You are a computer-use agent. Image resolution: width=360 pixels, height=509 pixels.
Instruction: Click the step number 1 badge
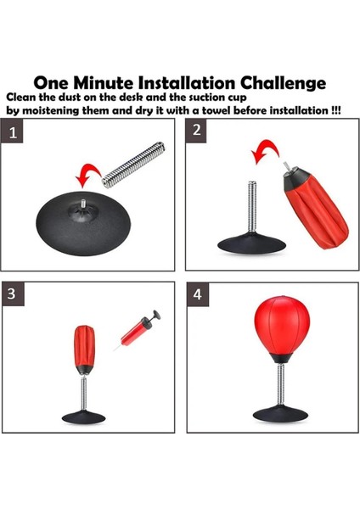[12, 131]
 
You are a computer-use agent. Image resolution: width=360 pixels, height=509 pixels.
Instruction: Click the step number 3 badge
[14, 294]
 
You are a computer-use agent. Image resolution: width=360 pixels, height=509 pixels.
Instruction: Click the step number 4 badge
[198, 294]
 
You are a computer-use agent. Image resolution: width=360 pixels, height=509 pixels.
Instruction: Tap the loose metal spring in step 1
[133, 165]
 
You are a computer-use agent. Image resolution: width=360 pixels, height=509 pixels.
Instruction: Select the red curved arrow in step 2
[265, 150]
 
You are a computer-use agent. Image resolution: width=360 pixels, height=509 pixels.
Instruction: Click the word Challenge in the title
[283, 83]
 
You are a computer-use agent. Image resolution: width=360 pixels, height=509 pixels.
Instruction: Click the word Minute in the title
[103, 83]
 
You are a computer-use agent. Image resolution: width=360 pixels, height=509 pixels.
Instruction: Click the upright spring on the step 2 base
[252, 206]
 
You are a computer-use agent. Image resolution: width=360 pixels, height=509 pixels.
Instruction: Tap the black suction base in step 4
[280, 414]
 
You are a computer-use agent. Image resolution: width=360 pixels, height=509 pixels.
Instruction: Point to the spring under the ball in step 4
[281, 384]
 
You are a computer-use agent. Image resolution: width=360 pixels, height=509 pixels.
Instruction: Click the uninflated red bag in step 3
[84, 346]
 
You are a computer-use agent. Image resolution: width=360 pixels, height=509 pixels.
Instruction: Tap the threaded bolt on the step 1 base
[83, 204]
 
